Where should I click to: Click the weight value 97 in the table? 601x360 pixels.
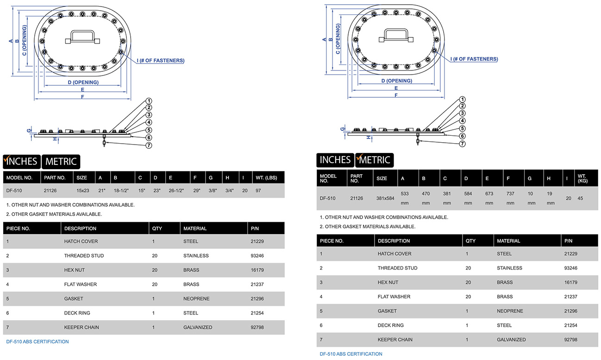[x=258, y=190]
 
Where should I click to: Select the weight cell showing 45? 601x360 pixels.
[x=581, y=198]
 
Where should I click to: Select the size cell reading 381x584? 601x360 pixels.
[x=385, y=198]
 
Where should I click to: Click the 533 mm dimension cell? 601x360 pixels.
[x=405, y=198]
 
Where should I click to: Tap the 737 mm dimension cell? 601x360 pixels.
[x=510, y=198]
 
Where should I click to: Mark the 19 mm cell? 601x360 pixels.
[x=551, y=198]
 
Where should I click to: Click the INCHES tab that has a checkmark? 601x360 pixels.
[x=22, y=161]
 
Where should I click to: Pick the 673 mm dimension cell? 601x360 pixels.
[x=489, y=198]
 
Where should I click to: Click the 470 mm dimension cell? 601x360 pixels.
[x=426, y=198]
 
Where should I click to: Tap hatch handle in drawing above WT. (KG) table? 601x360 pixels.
[x=395, y=36]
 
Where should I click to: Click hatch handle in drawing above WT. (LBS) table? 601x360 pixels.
[x=82, y=37]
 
